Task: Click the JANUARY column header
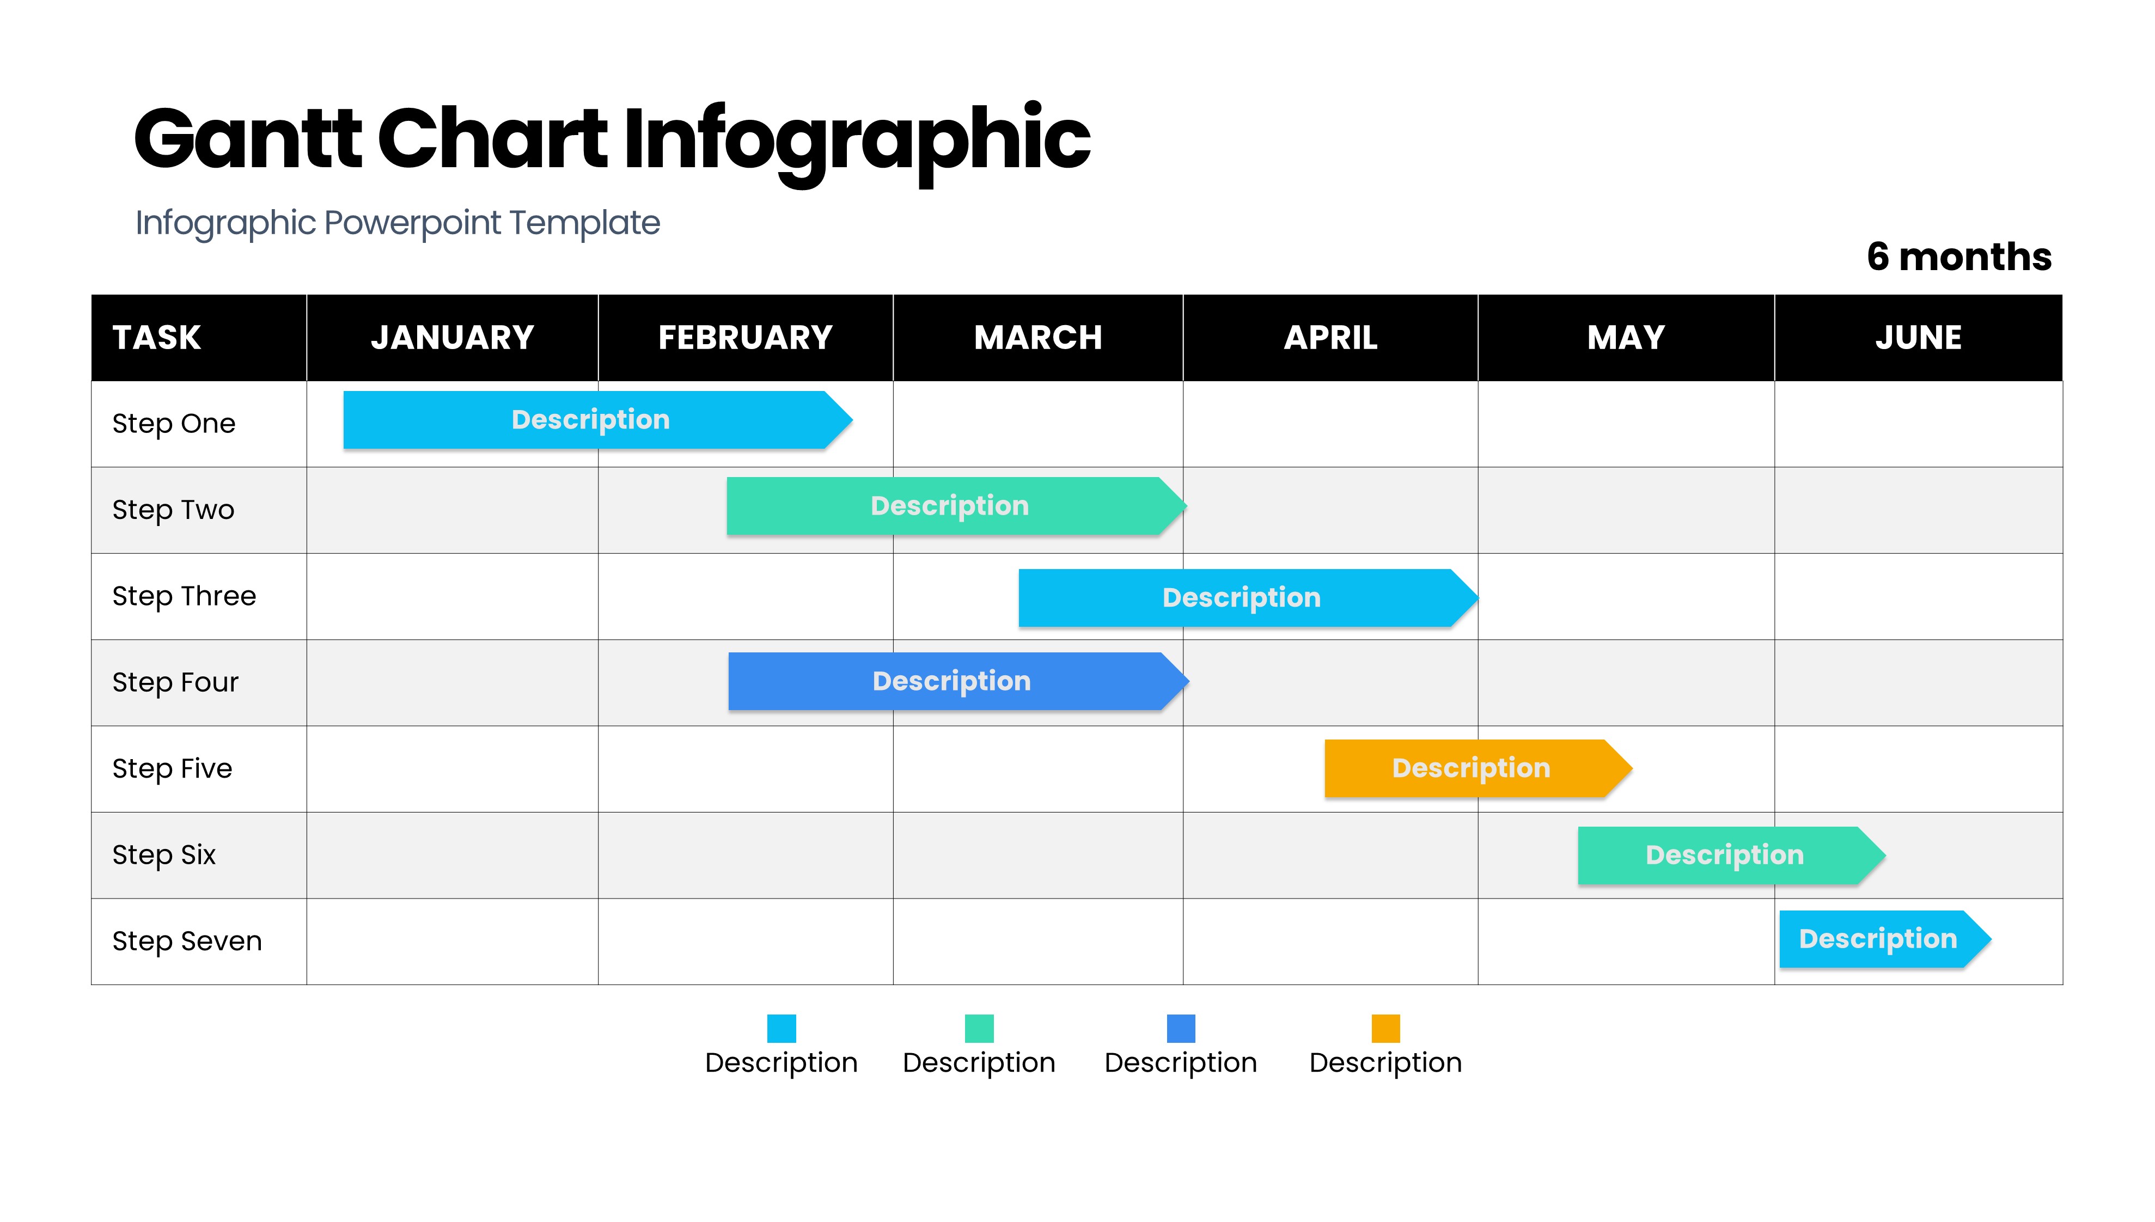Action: pyautogui.click(x=453, y=338)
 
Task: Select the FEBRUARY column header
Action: pyautogui.click(x=745, y=338)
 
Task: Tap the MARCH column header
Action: pyautogui.click(x=1038, y=338)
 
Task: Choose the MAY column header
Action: pyautogui.click(x=1626, y=338)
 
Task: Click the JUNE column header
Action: pyautogui.click(x=1918, y=338)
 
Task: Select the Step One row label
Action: pyautogui.click(x=174, y=424)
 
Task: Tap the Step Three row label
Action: pyautogui.click(x=184, y=596)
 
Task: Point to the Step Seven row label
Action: pyautogui.click(x=187, y=941)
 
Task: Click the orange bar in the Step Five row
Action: pyautogui.click(x=1478, y=768)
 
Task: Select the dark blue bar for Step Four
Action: pyautogui.click(x=959, y=681)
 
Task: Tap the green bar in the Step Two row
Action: pyautogui.click(x=957, y=506)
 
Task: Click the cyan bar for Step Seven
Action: pyautogui.click(x=1885, y=939)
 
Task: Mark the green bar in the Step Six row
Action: pyautogui.click(x=1731, y=855)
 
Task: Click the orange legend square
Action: pyautogui.click(x=1385, y=1028)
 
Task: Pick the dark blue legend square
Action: pyautogui.click(x=1181, y=1028)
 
